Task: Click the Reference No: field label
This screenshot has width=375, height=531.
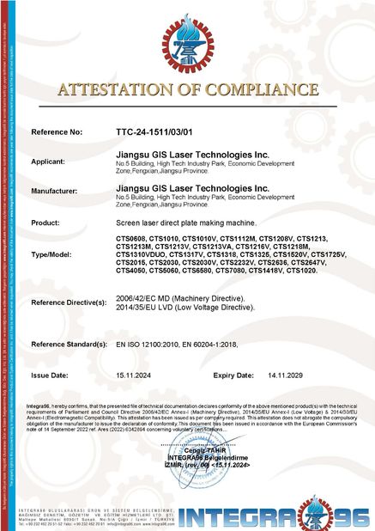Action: pos(57,133)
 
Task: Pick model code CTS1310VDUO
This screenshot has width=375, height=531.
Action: pos(141,253)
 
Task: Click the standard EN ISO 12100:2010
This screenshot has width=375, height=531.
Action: pos(147,344)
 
